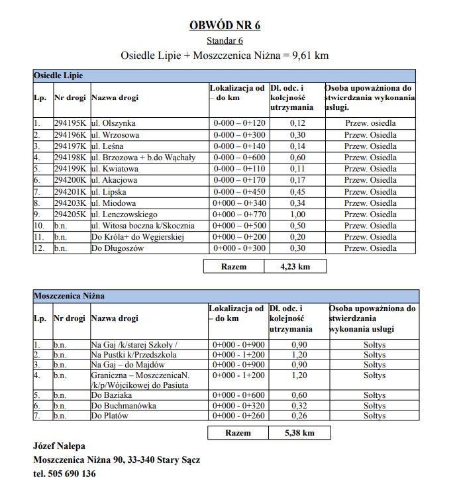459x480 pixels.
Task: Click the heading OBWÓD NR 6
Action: coord(225,26)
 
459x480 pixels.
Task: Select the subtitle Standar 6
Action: coord(225,41)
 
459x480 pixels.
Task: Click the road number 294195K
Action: coord(70,124)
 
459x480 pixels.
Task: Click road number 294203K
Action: coord(70,203)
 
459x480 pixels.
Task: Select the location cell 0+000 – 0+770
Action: coord(238,215)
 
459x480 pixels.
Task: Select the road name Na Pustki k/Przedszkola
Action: coord(134,355)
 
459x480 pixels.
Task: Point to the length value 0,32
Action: coord(299,406)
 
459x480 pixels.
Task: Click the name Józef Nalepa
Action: coord(59,446)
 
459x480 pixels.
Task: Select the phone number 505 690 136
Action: coord(73,473)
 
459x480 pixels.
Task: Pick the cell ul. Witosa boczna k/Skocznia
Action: coord(143,226)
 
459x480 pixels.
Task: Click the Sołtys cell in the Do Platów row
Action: coord(374,416)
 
